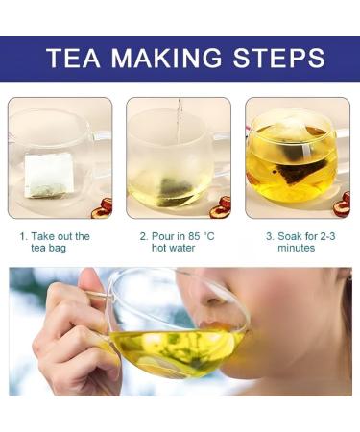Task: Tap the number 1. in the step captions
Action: [x=23, y=236]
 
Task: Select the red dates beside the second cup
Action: [x=222, y=207]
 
